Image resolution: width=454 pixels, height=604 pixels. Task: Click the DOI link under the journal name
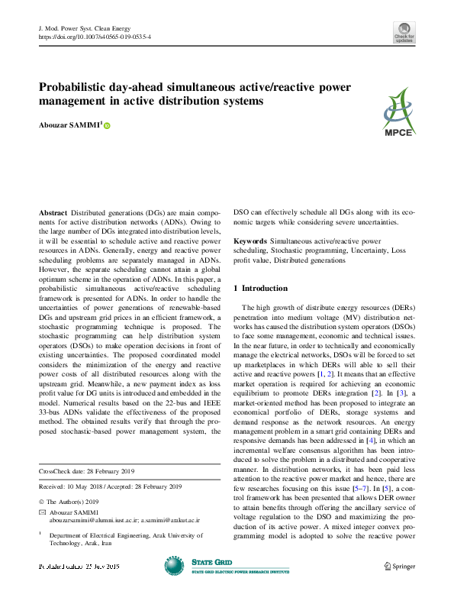click(94, 37)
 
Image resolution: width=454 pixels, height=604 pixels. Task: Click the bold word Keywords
click(250, 241)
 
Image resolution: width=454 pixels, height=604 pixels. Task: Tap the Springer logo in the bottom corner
click(399, 566)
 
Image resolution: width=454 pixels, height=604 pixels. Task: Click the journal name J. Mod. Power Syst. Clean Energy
click(85, 28)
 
